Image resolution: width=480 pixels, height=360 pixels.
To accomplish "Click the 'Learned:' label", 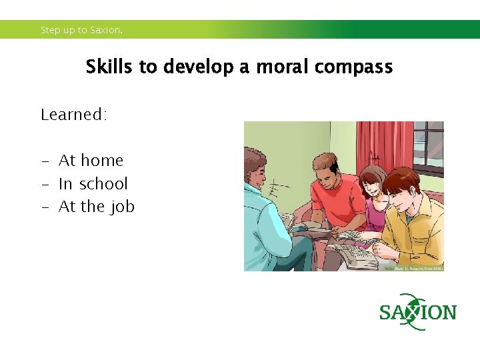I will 73,115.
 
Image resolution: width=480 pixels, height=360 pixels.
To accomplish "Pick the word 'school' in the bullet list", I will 103,184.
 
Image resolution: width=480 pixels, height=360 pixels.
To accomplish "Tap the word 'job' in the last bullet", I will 123,207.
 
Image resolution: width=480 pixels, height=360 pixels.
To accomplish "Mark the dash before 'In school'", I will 45,185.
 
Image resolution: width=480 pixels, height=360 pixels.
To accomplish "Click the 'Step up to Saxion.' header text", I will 81,30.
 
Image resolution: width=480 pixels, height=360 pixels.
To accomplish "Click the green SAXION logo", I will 418,312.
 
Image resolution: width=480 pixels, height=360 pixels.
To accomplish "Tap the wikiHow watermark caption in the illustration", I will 413,268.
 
